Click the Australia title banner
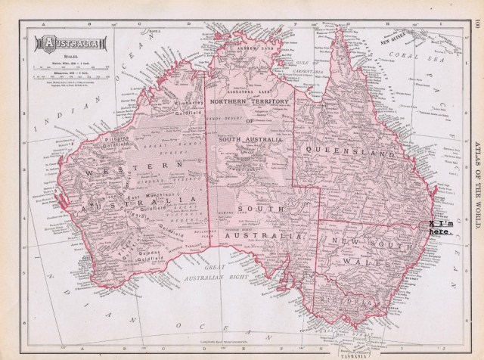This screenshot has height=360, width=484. pyautogui.click(x=62, y=42)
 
